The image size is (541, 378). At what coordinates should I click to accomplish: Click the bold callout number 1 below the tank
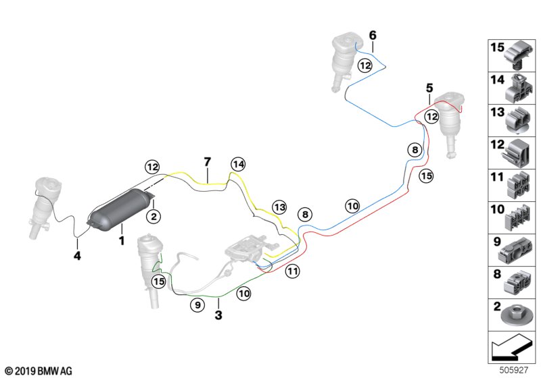(x=122, y=240)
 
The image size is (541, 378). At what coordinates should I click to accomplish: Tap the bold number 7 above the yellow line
(x=208, y=161)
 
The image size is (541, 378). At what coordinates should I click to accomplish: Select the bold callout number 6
(x=373, y=34)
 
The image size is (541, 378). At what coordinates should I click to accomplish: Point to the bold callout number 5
(x=429, y=88)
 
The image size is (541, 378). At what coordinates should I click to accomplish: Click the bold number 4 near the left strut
(x=77, y=256)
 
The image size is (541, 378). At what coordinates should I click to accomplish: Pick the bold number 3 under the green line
(x=218, y=315)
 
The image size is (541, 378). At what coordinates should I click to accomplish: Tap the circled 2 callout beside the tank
(x=154, y=216)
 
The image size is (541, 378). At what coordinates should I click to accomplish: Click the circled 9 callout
(x=197, y=305)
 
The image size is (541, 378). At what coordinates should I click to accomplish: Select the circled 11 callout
(x=292, y=271)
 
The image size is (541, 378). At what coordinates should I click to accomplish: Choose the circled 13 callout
(x=279, y=207)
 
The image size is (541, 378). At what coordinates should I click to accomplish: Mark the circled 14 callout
(x=237, y=163)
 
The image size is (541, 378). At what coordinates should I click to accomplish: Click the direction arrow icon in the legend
(x=511, y=350)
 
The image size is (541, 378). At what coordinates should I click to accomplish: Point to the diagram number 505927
(x=515, y=371)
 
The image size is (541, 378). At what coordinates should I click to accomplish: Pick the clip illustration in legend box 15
(x=517, y=55)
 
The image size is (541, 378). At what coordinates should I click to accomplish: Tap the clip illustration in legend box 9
(x=517, y=250)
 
